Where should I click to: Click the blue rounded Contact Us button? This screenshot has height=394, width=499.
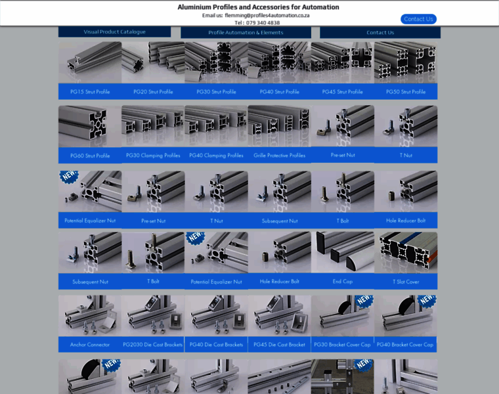[x=418, y=19]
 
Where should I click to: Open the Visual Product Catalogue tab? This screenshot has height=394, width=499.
[x=114, y=32]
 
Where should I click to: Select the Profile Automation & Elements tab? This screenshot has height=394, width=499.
[x=246, y=32]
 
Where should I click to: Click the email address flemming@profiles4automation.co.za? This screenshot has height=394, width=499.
[x=267, y=15]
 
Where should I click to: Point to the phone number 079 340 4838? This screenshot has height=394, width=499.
[x=263, y=22]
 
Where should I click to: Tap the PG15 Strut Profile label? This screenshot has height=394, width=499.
[x=90, y=92]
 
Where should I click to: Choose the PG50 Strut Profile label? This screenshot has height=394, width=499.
[x=406, y=92]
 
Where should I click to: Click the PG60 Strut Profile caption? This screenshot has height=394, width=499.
[x=90, y=156]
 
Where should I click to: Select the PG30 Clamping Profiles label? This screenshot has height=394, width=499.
[x=153, y=156]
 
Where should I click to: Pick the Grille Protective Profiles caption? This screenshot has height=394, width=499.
[x=280, y=156]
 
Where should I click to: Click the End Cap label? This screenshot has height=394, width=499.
[x=343, y=281]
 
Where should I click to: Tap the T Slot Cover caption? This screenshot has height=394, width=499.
[x=406, y=282]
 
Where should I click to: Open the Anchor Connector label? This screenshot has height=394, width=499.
[x=90, y=344]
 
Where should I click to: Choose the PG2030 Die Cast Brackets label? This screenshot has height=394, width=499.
[x=153, y=344]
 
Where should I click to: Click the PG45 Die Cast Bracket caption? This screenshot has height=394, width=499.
[x=279, y=344]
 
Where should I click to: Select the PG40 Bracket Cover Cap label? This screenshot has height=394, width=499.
[x=405, y=344]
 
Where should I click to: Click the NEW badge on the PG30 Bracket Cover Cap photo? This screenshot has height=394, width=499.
[x=364, y=300]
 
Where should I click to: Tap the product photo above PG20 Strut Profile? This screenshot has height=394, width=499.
[x=153, y=62]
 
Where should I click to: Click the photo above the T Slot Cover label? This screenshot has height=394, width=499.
[x=406, y=252]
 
